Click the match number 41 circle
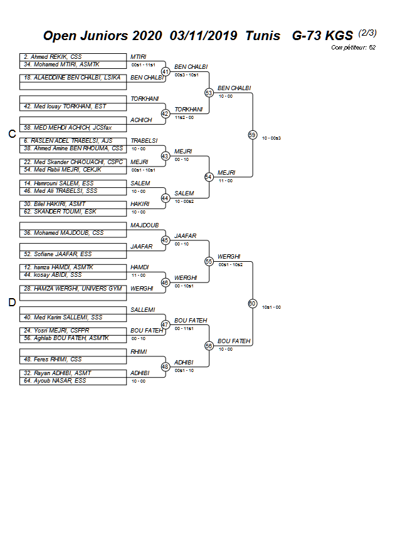(x=166, y=72)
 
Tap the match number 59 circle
(x=252, y=135)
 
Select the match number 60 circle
(x=252, y=304)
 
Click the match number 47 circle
(x=166, y=324)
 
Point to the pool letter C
(x=11, y=134)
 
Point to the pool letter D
(x=11, y=303)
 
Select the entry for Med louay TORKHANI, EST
(x=65, y=106)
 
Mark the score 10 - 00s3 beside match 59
(x=271, y=138)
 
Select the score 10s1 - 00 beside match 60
(x=271, y=307)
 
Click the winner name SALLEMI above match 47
(x=142, y=309)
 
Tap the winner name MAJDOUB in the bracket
(x=144, y=225)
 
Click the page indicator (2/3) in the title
(x=367, y=33)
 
